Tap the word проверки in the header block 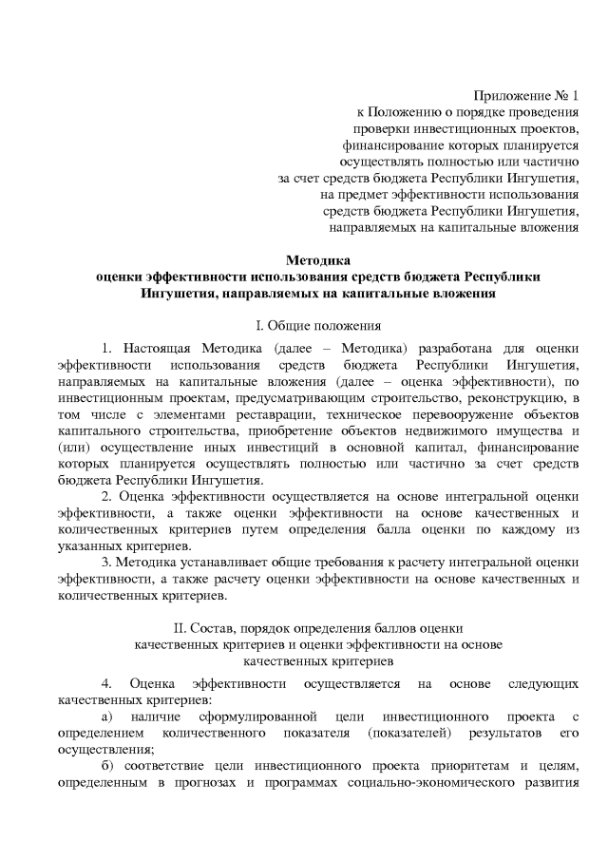tap(379, 128)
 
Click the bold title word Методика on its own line tap(318, 259)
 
